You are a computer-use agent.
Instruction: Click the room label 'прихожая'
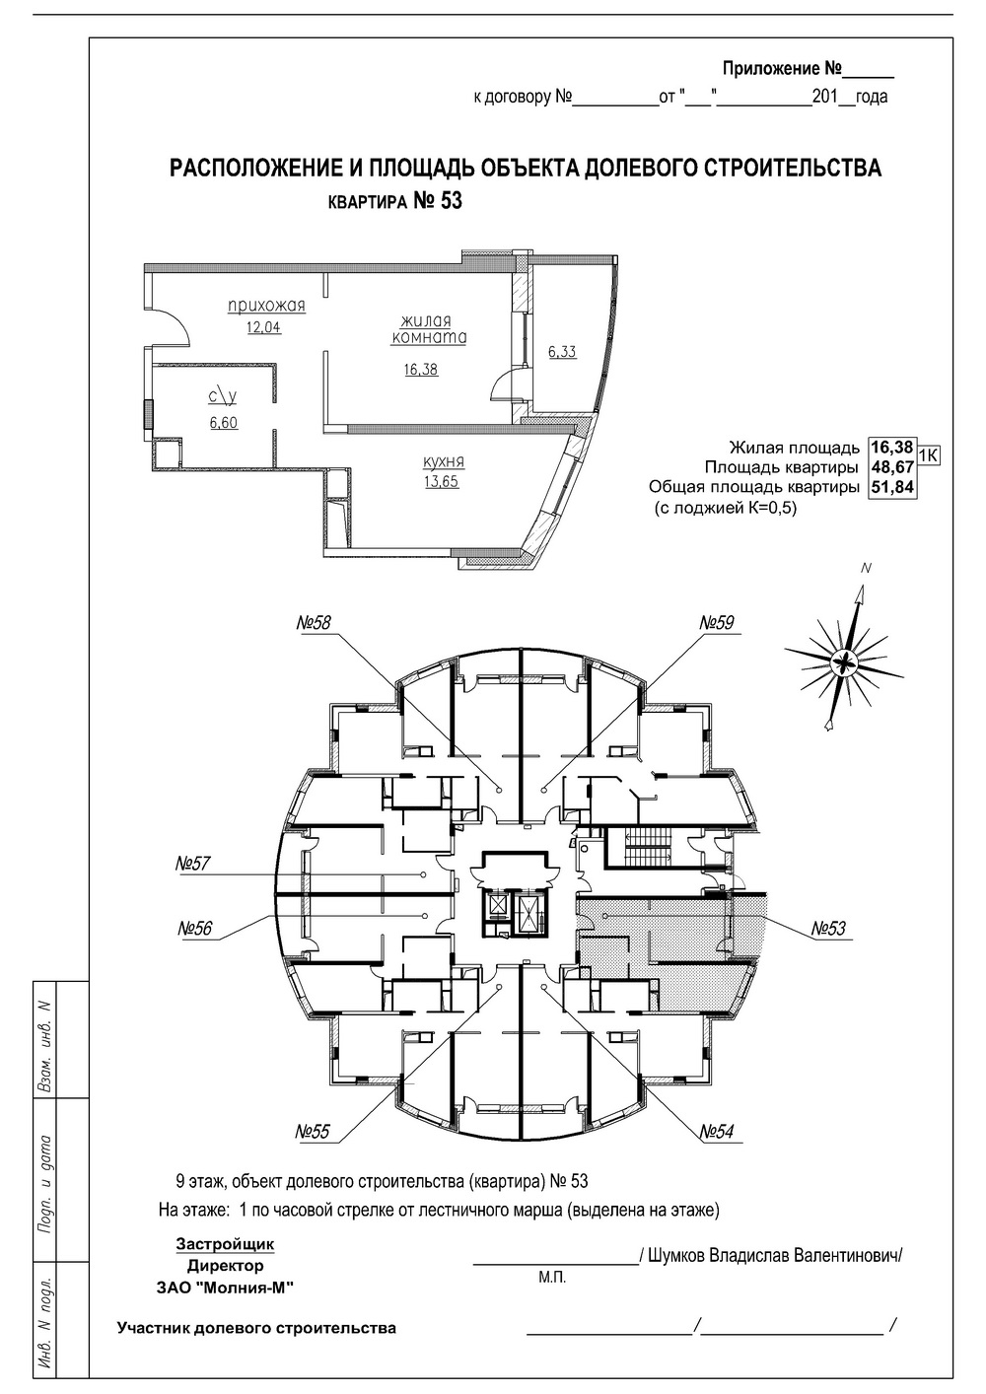pos(266,306)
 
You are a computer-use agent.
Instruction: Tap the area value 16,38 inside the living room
pos(420,370)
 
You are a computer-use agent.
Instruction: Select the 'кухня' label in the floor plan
pos(444,461)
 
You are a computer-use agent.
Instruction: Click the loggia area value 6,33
pos(562,351)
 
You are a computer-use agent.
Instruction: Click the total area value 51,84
pos(891,487)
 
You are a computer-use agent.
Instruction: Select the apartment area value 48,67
pos(891,467)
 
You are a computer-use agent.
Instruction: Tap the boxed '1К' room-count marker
pos(928,454)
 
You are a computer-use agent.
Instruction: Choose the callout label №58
pos(315,622)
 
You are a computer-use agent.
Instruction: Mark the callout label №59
pos(718,622)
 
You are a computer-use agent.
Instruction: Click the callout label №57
pos(194,864)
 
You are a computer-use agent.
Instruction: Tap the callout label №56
pos(197,928)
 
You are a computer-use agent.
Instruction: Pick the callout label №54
pos(718,1132)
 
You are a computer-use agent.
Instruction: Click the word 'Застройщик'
pos(225,1244)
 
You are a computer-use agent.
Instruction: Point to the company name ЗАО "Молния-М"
pos(225,1288)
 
